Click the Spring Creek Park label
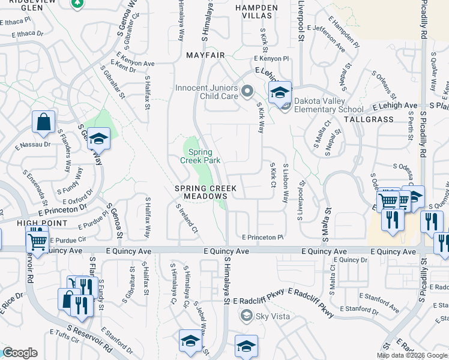(200, 156)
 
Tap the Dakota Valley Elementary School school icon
(280, 93)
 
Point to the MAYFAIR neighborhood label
(205, 55)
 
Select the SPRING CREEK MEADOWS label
(205, 193)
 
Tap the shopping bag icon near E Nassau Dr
(44, 122)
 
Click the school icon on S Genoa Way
(98, 139)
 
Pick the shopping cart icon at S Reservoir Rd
(37, 242)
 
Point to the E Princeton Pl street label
(262, 237)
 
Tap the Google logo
(20, 353)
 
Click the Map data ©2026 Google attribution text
(411, 355)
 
